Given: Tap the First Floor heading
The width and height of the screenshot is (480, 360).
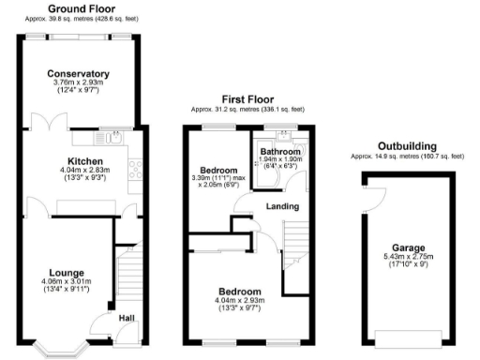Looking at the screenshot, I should click(x=247, y=98).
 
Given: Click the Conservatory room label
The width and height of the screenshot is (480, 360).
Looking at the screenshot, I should click(x=79, y=73).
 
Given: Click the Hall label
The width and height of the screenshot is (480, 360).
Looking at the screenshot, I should click(x=126, y=318).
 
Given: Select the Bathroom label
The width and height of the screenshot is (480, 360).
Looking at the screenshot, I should click(x=279, y=151).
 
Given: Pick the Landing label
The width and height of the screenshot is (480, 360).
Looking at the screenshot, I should click(x=282, y=205).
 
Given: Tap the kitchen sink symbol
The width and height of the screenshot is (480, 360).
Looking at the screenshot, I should click(x=116, y=139).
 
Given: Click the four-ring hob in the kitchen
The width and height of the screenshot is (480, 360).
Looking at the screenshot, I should click(x=134, y=170).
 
